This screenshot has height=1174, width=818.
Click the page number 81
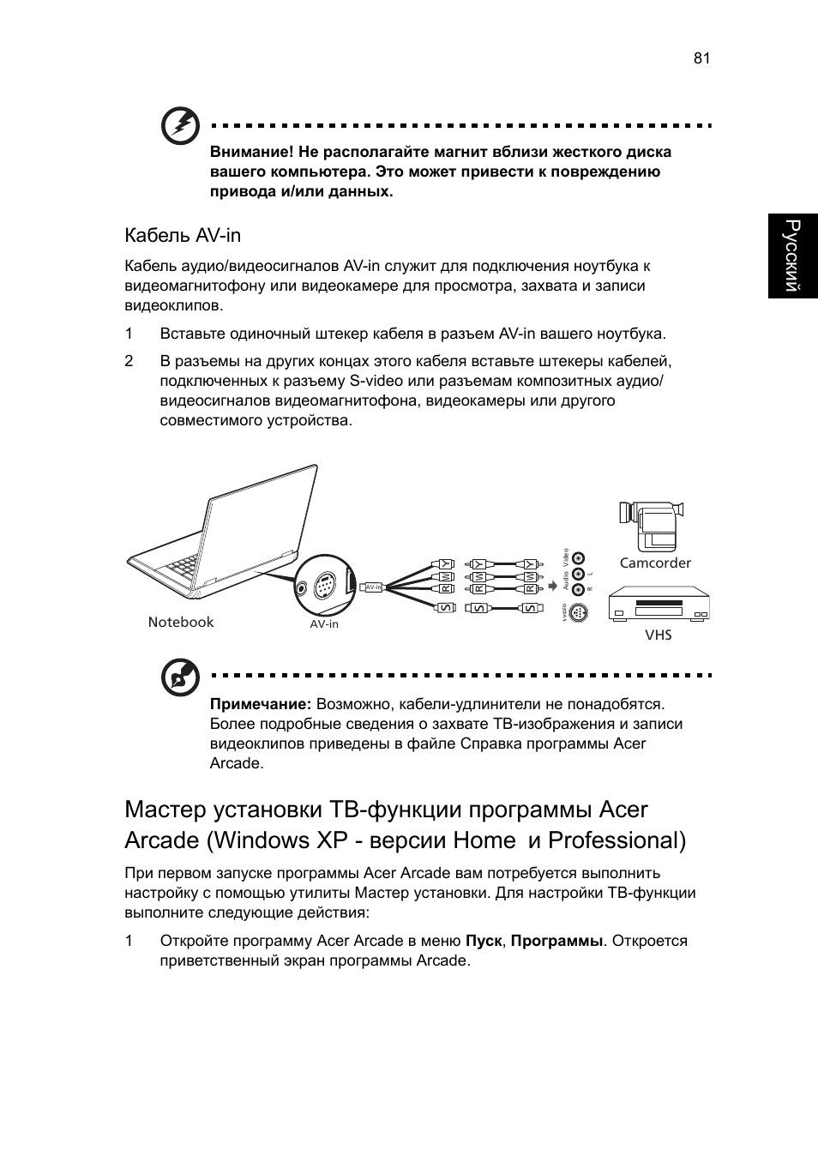pyautogui.click(x=702, y=58)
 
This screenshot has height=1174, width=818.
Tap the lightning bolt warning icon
pyautogui.click(x=181, y=126)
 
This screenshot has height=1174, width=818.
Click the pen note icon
pyautogui.click(x=181, y=678)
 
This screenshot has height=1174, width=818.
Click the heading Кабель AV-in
pyautogui.click(x=183, y=235)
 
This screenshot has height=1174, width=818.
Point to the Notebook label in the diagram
pyautogui.click(x=180, y=622)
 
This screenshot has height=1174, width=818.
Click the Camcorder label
pyautogui.click(x=655, y=563)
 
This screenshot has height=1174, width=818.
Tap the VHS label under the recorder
pyautogui.click(x=659, y=635)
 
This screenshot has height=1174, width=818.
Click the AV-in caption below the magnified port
pyautogui.click(x=324, y=624)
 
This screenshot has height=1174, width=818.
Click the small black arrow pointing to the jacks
pyautogui.click(x=552, y=587)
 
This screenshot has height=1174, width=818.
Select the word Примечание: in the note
pyautogui.click(x=261, y=705)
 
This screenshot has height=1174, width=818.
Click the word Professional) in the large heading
pyautogui.click(x=617, y=840)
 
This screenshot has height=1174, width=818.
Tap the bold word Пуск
pyautogui.click(x=484, y=941)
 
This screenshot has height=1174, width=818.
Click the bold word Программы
pyautogui.click(x=556, y=941)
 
